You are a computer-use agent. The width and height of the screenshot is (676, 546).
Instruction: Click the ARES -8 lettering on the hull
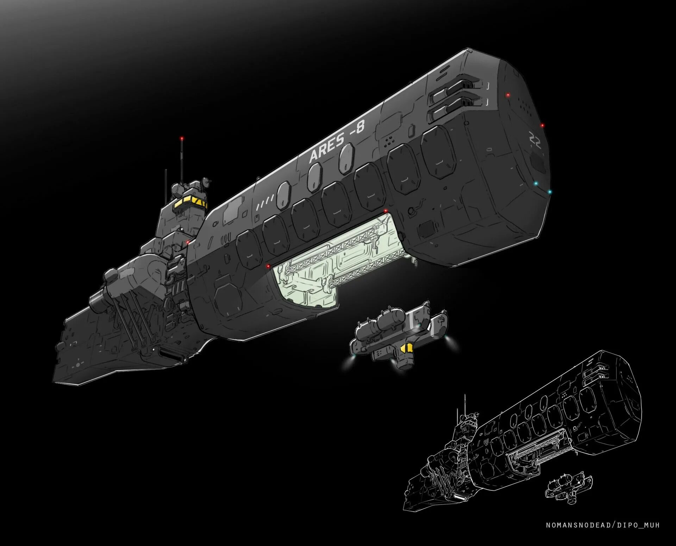[336, 142]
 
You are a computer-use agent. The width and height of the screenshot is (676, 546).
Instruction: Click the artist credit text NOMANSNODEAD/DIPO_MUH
[602, 525]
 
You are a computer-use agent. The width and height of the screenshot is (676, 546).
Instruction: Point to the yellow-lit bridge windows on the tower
[190, 202]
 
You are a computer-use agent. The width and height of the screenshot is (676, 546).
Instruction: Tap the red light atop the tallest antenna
[182, 138]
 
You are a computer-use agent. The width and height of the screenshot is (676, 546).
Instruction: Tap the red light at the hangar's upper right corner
[386, 211]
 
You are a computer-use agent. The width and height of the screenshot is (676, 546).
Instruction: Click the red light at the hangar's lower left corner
[268, 266]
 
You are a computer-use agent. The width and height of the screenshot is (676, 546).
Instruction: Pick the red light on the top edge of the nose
[508, 95]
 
